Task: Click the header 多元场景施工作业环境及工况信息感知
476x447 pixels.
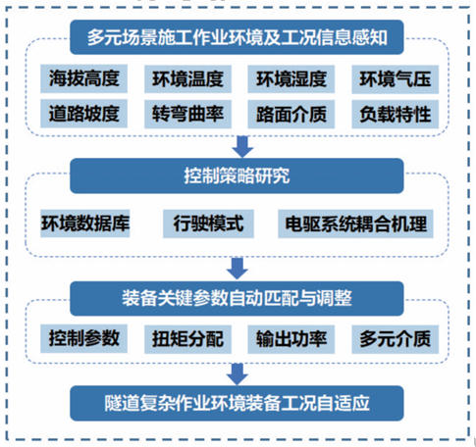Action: click(237, 37)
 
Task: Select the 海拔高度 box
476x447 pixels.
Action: click(83, 78)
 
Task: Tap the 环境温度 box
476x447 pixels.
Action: click(187, 79)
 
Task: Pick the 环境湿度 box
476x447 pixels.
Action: click(291, 79)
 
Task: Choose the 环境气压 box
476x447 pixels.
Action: click(396, 79)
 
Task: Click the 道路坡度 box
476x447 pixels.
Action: click(83, 114)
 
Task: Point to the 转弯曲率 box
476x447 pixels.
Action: click(187, 114)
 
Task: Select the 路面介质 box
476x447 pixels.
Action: click(291, 114)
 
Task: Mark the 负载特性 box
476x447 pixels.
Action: click(396, 115)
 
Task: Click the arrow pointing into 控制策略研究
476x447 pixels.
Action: click(242, 147)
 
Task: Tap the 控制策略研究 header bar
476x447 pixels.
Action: click(237, 175)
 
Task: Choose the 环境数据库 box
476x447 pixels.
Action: click(85, 223)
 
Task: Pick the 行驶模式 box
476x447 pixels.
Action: click(208, 223)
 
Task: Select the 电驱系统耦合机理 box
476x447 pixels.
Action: click(355, 223)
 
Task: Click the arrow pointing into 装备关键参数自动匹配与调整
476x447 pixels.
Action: click(238, 269)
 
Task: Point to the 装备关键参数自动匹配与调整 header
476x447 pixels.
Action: click(237, 299)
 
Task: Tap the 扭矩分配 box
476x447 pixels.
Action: click(187, 339)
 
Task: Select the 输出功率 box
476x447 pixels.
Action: click(291, 339)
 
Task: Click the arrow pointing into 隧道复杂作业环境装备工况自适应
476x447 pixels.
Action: click(238, 374)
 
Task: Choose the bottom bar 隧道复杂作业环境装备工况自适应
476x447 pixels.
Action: click(237, 403)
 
